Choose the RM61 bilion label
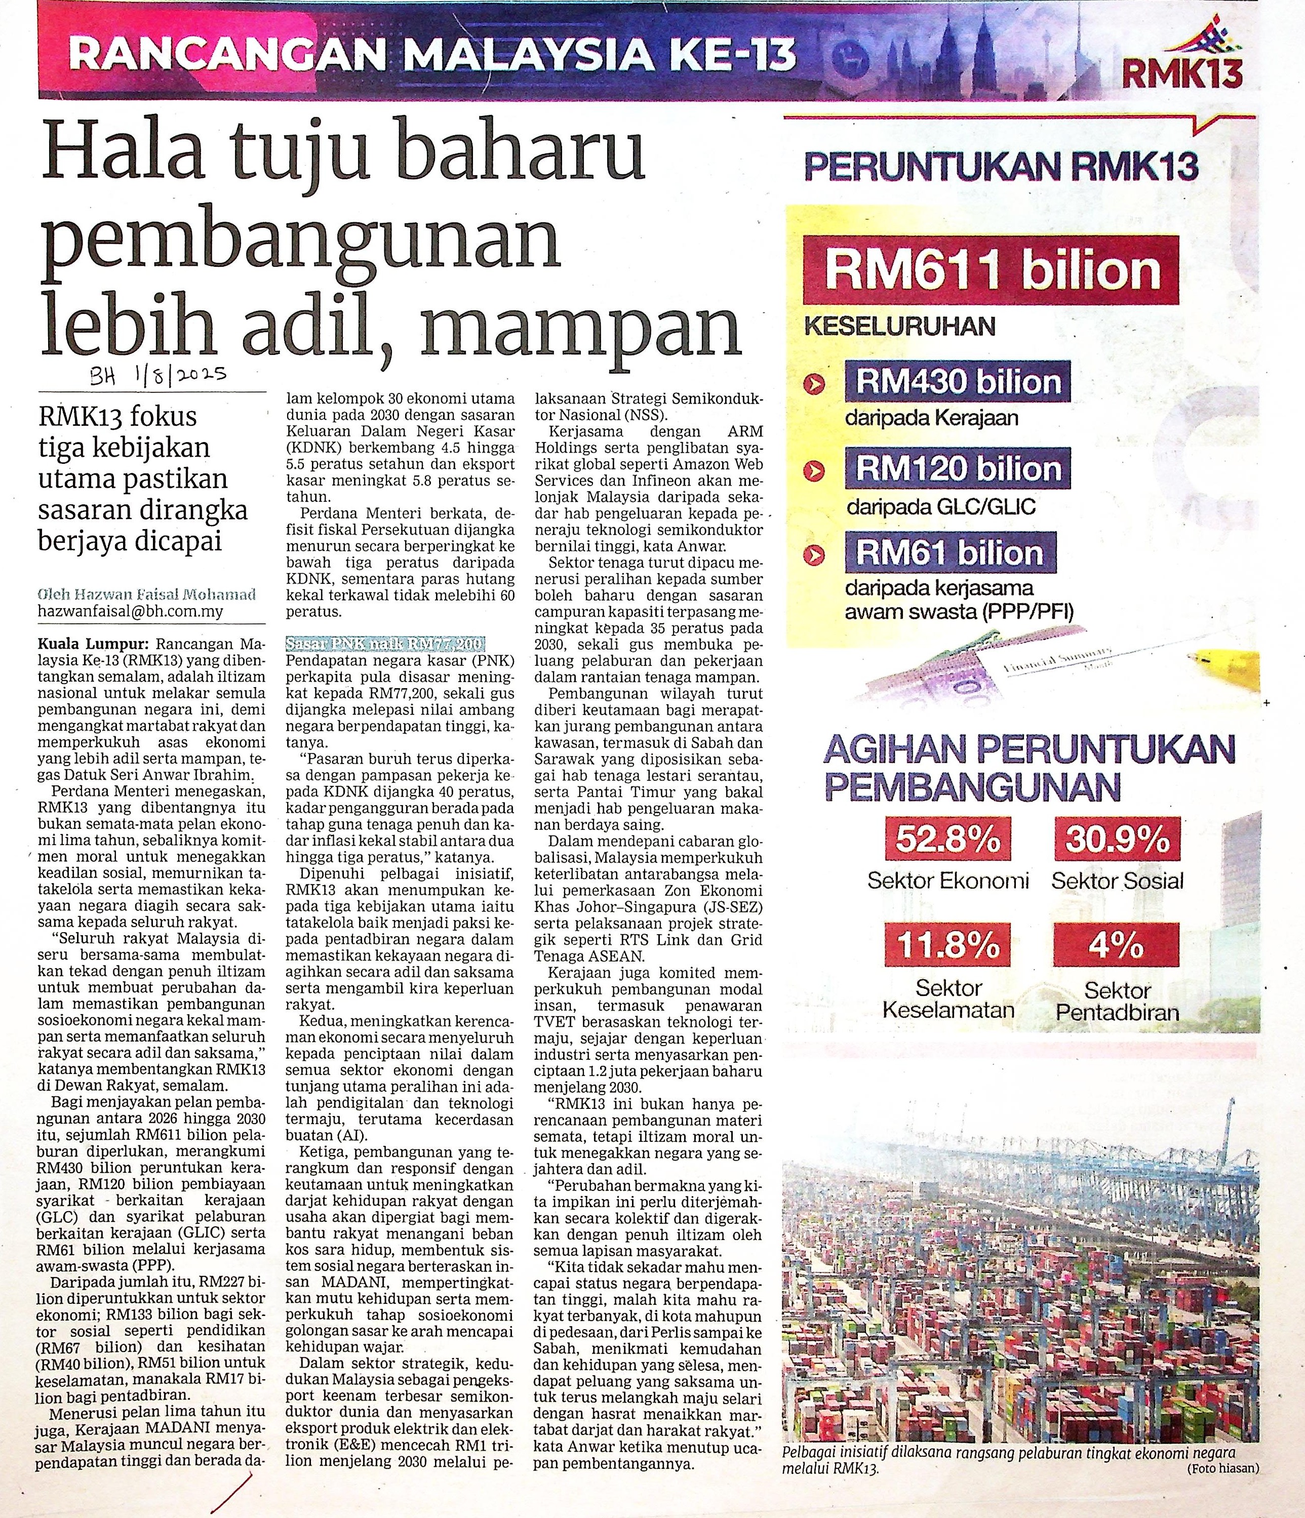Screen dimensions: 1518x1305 [x=951, y=553]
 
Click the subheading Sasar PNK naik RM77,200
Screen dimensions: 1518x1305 [x=384, y=644]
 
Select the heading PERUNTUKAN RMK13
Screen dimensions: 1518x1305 [x=1002, y=168]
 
